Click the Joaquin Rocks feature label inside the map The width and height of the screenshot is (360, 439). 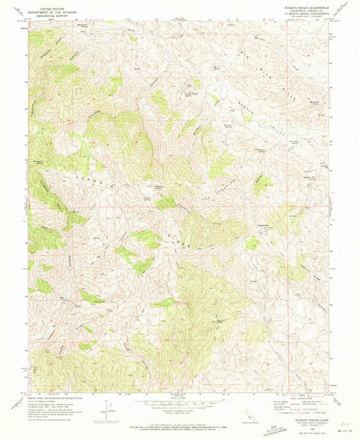(x=159, y=187)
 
